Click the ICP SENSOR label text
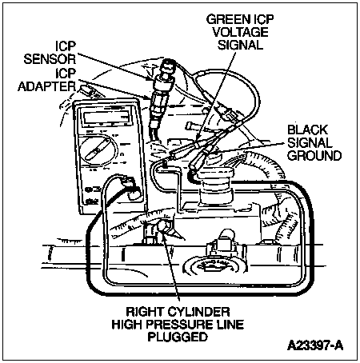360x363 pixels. (50, 53)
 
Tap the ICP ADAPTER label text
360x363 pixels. (47, 80)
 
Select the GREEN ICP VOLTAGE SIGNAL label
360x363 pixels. (240, 32)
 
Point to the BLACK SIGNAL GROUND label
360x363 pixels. (314, 143)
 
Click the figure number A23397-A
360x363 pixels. (315, 345)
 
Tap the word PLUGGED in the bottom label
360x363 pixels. (178, 337)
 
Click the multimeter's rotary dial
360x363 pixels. (98, 150)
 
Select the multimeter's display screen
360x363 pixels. (106, 117)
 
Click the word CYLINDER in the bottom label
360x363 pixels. (198, 311)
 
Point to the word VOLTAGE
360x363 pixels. (240, 32)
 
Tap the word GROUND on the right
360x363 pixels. (314, 156)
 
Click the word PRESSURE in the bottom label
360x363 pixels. (180, 325)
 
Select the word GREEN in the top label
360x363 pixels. (226, 19)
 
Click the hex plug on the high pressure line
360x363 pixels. (164, 228)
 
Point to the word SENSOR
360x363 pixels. (50, 59)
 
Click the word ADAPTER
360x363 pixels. (47, 86)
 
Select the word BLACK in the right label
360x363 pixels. (307, 130)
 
